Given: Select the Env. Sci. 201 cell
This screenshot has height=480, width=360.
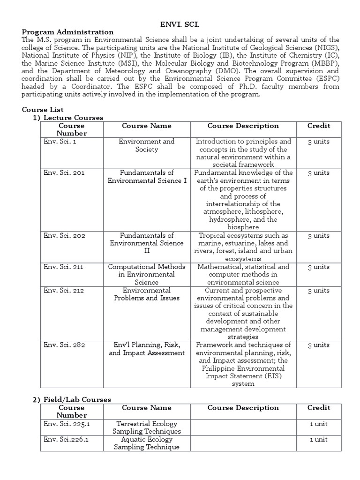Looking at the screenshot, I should tap(64, 172).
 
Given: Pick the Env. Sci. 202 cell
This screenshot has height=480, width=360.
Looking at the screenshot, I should tap(64, 235).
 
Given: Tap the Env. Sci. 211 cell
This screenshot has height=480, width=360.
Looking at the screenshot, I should tap(64, 267).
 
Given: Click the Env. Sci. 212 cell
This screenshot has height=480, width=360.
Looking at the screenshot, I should tap(64, 290).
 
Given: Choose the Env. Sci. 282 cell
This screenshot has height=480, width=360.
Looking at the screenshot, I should tap(64, 345).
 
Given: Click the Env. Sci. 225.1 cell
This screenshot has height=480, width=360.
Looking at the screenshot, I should tap(67, 423).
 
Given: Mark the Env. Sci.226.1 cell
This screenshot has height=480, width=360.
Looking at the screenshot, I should tap(66, 439).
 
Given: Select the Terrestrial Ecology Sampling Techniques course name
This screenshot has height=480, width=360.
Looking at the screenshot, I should tap(146, 427).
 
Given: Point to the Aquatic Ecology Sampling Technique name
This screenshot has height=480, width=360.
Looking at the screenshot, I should tap(146, 443).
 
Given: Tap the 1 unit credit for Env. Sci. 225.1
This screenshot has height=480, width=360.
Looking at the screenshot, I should tap(319, 423).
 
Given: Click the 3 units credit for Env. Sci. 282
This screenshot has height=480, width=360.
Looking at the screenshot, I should tap(319, 345).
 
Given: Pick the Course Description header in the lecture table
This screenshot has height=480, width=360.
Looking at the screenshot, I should tap(243, 126).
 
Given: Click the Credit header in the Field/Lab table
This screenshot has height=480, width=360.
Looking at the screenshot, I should tap(319, 407).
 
